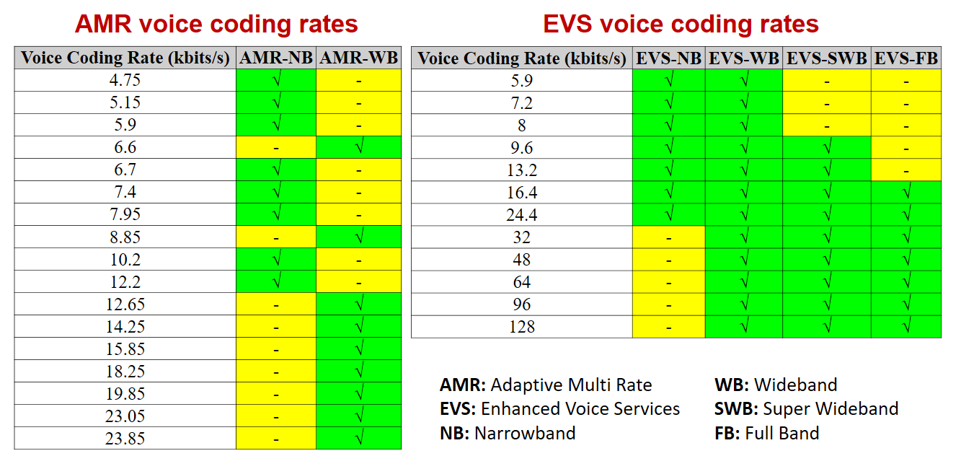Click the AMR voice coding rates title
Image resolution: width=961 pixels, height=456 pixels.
[x=216, y=24]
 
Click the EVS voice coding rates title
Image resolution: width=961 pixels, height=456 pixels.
[x=681, y=24]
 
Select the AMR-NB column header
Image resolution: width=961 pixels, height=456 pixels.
[x=277, y=58]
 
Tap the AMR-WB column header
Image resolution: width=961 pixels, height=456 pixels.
[x=358, y=58]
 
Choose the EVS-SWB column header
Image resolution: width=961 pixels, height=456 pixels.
[x=827, y=58]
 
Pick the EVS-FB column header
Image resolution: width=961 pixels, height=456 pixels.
[x=906, y=58]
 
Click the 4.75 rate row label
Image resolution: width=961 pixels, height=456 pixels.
[x=125, y=81]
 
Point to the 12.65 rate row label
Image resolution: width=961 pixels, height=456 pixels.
[x=125, y=304]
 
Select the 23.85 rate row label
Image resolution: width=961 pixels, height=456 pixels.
[x=125, y=439]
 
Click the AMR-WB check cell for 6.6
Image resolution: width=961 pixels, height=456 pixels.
[x=358, y=148]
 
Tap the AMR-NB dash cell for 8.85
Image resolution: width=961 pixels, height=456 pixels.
[x=277, y=237]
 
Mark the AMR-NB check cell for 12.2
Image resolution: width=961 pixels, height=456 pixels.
[x=277, y=282]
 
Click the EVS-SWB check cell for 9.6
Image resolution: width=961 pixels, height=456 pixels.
[x=827, y=148]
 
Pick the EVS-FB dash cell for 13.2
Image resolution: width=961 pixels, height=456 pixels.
[x=906, y=170]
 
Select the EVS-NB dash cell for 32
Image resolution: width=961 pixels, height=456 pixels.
[x=669, y=237]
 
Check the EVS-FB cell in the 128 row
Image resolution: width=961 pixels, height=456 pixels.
[x=906, y=327]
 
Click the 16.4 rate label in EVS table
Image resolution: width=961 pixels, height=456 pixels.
[x=521, y=193]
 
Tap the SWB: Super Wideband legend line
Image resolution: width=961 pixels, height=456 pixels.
[x=806, y=409]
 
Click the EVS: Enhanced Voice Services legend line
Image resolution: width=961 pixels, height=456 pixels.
[x=559, y=409]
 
